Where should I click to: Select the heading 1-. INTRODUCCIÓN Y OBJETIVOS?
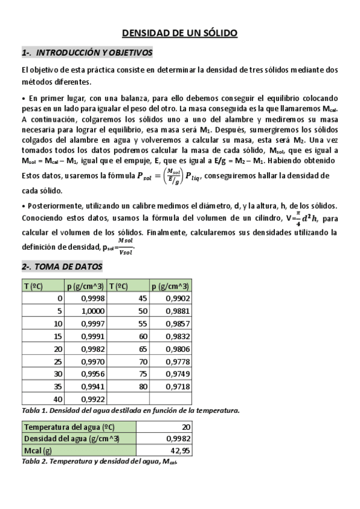point(87,53)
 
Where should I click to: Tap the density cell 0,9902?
point(177,298)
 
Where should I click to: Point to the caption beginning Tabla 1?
point(131,411)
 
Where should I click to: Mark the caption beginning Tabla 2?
point(99,462)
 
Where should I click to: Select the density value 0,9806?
point(177,349)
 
